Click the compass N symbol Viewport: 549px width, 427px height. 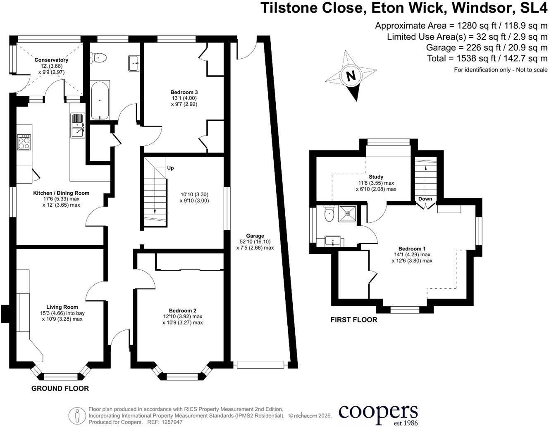[351, 76]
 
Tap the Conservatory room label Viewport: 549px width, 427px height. [51, 60]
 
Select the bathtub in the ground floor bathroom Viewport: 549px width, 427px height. [100, 100]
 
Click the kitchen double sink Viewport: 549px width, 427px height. [78, 126]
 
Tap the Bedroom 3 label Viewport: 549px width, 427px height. [184, 92]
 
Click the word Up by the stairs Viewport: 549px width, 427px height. [170, 168]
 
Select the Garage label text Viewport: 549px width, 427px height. [255, 236]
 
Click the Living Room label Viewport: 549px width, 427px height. [62, 307]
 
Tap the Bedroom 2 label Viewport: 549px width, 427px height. [182, 311]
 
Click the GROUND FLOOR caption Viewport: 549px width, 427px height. [60, 389]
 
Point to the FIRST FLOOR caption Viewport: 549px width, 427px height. [354, 320]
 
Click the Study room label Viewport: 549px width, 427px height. [376, 177]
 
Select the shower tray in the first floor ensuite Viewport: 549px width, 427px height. [348, 214]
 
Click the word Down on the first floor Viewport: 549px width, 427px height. [425, 199]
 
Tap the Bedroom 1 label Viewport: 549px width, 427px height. [412, 249]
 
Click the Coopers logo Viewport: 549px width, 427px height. [378, 413]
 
